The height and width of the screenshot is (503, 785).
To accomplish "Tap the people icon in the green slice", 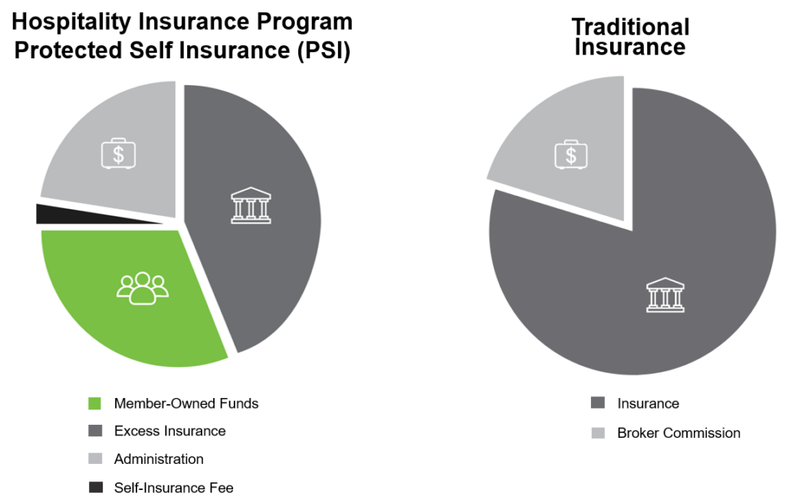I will pyautogui.click(x=142, y=288).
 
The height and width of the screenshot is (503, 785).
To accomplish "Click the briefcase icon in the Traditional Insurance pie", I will pyautogui.click(x=570, y=154).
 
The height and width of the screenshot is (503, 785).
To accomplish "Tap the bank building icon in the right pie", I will pyautogui.click(x=665, y=294).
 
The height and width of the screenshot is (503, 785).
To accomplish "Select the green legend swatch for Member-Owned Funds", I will pyautogui.click(x=95, y=403).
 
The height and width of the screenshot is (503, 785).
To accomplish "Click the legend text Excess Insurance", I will pyautogui.click(x=169, y=431).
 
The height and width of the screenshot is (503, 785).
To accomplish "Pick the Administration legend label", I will pyautogui.click(x=159, y=459).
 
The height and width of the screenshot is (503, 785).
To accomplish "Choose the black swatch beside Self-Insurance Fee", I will pyautogui.click(x=95, y=488).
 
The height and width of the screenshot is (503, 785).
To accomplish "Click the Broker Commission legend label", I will pyautogui.click(x=678, y=433).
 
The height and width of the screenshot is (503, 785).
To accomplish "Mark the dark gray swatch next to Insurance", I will pyautogui.click(x=598, y=403).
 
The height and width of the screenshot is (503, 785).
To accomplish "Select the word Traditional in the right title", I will pyautogui.click(x=630, y=27).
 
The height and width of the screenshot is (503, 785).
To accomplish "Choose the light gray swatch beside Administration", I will pyautogui.click(x=95, y=459).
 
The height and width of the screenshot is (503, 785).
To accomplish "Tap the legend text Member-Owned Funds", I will pyautogui.click(x=186, y=403).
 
